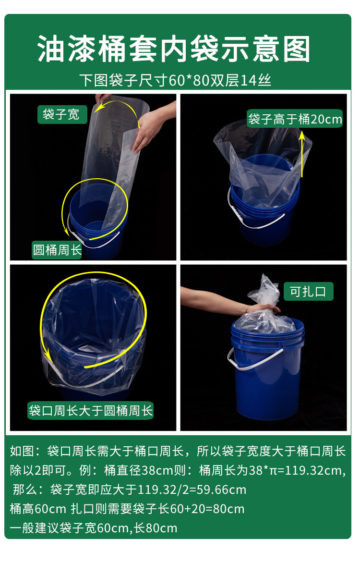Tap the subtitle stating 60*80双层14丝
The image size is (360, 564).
coord(175,80)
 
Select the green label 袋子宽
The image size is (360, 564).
coord(61,115)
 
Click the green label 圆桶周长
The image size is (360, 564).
coord(57,250)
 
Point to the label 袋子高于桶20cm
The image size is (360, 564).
coord(295,119)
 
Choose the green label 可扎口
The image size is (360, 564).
coord(308,291)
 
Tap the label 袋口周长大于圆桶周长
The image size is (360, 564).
coord(91,411)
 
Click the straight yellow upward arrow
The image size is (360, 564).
coord(302,154)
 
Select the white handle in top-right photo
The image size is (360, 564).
coord(254,221)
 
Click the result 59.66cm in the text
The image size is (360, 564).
coord(219,490)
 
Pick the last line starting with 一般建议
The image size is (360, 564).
coord(94,528)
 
